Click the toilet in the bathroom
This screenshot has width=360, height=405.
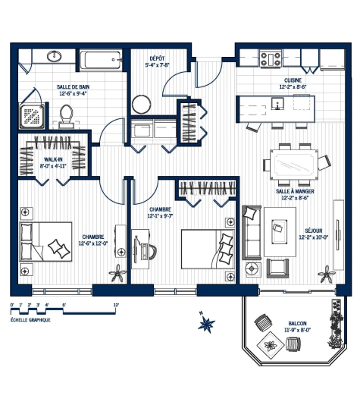(67, 116)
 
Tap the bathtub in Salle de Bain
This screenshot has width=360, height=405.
(100, 60)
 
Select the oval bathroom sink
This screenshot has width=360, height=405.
(55, 56)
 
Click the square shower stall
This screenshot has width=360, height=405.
(33, 116)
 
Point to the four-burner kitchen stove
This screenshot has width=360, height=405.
(270, 59)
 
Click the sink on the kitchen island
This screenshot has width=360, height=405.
(277, 104)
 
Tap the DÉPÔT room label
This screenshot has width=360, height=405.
(157, 58)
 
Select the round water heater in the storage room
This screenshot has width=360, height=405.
(141, 105)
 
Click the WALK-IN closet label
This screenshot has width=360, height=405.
(53, 159)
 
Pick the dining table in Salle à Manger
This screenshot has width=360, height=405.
(293, 165)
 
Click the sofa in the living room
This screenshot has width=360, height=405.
(252, 233)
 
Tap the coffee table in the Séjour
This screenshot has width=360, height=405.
(280, 232)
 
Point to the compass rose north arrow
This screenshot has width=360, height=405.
(206, 322)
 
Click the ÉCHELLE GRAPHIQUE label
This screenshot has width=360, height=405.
(30, 320)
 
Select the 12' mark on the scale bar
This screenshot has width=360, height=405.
(116, 305)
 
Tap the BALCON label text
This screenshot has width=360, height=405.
(298, 323)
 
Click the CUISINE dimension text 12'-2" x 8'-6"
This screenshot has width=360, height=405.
(293, 87)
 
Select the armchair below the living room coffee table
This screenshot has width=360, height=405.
(277, 268)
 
